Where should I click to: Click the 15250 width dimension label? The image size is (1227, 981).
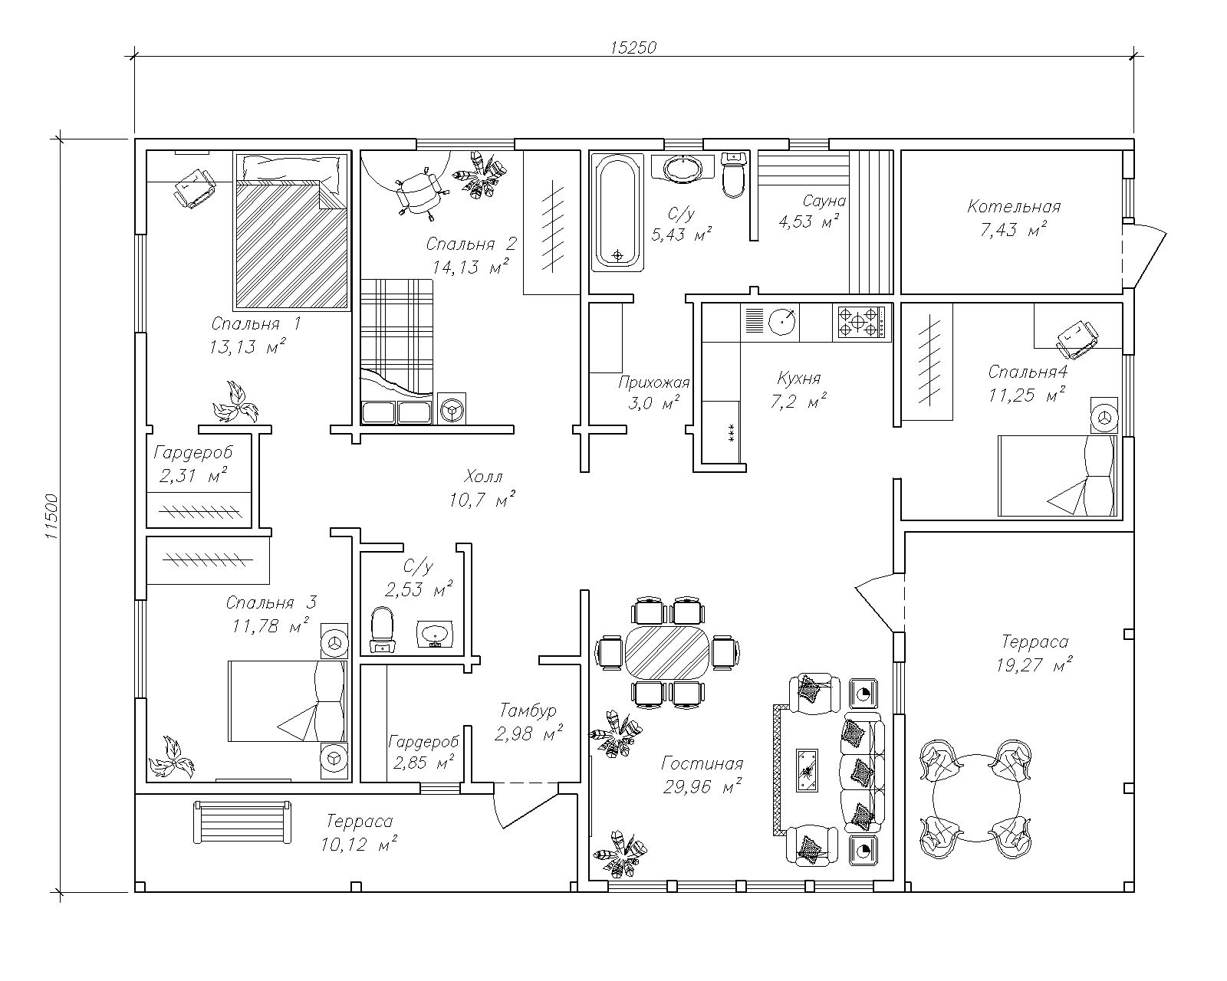coord(633,48)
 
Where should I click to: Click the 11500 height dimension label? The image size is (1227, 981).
coord(51,517)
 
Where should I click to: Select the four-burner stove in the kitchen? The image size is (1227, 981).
coord(861,323)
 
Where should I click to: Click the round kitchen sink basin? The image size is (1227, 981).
coord(781,322)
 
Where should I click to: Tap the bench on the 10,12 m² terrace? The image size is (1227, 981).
coord(242,822)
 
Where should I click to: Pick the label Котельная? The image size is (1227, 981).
coord(1014,206)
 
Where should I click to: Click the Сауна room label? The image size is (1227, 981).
coord(824,201)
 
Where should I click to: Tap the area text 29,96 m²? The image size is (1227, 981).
coord(702,787)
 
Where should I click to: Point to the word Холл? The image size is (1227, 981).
coord(483,476)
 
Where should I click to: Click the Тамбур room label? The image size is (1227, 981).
coord(528,710)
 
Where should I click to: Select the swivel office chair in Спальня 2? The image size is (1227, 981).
coord(419,191)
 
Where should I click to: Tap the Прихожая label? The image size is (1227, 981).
coord(654,382)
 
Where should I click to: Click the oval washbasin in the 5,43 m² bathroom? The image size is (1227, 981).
coord(682,169)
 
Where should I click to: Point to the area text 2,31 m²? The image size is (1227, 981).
coord(193,475)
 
